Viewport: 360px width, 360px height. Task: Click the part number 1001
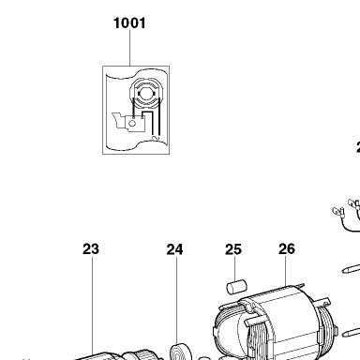pyautogui.click(x=129, y=23)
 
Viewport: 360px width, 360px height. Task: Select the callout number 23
pyautogui.click(x=91, y=249)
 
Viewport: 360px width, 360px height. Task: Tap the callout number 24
pyautogui.click(x=174, y=249)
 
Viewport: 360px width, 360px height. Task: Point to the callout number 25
pyautogui.click(x=233, y=249)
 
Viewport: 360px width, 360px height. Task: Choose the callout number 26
pyautogui.click(x=287, y=249)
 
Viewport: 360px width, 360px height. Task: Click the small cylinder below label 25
pyautogui.click(x=236, y=287)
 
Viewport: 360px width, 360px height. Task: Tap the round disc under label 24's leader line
pyautogui.click(x=180, y=352)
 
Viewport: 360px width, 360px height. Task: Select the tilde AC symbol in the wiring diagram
pyautogui.click(x=156, y=138)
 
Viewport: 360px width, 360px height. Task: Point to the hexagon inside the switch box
pyautogui.click(x=132, y=124)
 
